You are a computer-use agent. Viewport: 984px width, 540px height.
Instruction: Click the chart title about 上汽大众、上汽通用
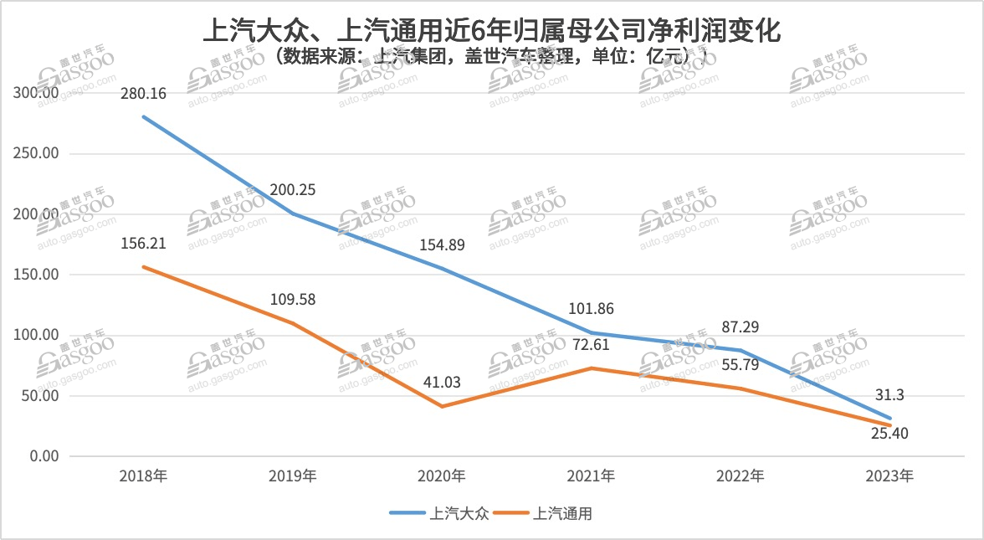click(492, 33)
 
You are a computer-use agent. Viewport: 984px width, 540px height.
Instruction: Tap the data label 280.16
click(143, 94)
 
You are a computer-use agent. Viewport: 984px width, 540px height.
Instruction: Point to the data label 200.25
click(293, 190)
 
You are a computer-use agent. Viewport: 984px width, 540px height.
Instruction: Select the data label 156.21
click(143, 244)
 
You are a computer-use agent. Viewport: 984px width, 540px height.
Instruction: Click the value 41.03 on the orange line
click(443, 383)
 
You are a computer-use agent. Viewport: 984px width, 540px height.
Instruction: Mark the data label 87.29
click(741, 327)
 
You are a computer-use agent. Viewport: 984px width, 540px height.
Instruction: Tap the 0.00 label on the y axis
click(42, 456)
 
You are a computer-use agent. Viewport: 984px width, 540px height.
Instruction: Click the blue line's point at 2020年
click(443, 269)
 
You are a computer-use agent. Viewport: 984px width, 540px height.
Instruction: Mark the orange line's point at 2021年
click(592, 368)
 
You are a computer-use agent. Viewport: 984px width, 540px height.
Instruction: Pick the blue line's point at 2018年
click(143, 116)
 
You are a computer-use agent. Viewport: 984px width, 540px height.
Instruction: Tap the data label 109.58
click(293, 300)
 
